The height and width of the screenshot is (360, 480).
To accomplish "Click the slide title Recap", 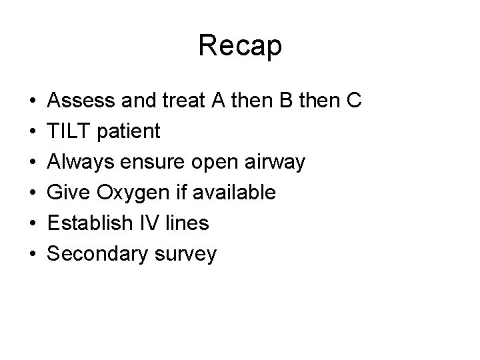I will [240, 46].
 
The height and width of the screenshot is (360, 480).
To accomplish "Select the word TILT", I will [70, 131].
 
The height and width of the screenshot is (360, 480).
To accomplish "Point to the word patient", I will [128, 132].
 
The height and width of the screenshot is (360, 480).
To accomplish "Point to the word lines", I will [187, 223].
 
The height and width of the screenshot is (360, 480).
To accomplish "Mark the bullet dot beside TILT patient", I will [32, 132].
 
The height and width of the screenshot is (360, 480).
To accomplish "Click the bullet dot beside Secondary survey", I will [32, 255].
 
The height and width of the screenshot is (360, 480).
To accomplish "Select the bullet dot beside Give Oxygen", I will [32, 193].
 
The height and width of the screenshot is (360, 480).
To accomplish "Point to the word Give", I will [71, 193].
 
